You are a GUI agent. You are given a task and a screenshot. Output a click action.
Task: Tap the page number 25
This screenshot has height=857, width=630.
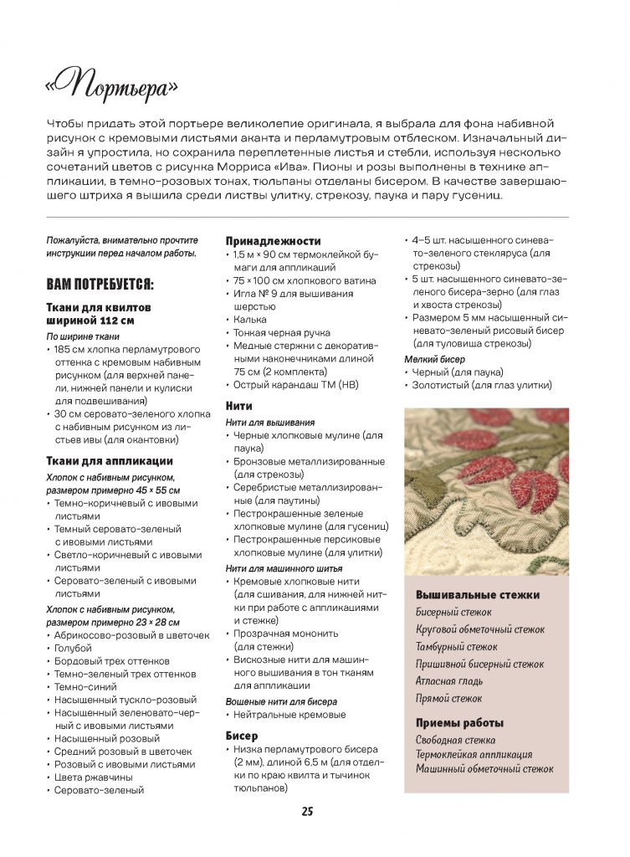307,811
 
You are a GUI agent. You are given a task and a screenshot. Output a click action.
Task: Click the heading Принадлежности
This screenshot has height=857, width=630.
273,240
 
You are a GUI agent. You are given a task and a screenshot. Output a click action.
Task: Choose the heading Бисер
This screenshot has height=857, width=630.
243,735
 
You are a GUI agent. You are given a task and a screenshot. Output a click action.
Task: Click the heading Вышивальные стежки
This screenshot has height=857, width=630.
478,595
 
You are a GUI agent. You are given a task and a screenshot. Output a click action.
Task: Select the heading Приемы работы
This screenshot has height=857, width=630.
460,723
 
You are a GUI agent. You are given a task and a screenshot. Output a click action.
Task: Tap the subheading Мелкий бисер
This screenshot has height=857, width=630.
435,359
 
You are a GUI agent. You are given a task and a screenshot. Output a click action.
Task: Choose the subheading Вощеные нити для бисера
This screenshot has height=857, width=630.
281,701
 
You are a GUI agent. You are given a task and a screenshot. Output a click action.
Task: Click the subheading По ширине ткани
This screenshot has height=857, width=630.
80,336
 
